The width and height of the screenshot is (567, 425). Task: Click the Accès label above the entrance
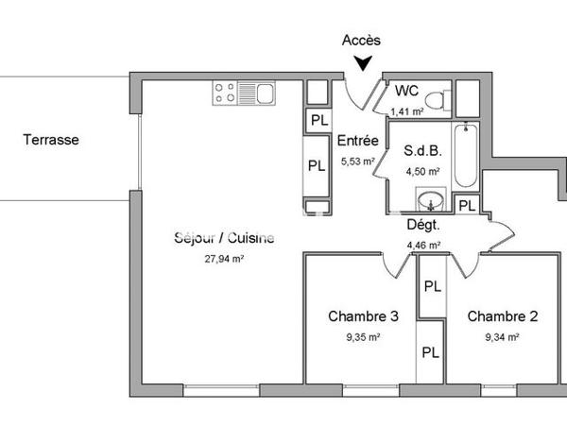point(360,40)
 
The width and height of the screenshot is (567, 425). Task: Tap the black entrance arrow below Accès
point(361,64)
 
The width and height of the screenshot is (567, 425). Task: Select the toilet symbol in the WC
point(436,98)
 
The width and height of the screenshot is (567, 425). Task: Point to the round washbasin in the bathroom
point(432,200)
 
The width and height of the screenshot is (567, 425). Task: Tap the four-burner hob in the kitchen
point(226,93)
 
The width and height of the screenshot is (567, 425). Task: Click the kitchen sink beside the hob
point(257,93)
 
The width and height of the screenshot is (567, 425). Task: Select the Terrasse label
point(52,140)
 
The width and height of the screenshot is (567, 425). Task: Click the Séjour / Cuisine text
point(225,238)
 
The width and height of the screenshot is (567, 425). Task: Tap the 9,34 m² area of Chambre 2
point(501,336)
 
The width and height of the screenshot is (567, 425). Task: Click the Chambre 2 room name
point(501,316)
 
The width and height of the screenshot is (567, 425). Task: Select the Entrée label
point(358,142)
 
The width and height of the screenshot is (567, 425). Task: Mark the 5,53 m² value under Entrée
point(358,161)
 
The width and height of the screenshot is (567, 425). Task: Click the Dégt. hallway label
point(422,227)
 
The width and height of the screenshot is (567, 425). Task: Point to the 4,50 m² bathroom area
point(422,172)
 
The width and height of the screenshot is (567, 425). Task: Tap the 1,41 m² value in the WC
point(406,111)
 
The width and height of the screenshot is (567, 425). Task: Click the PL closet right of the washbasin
point(466,205)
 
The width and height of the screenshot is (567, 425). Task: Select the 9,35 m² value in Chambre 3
point(362,336)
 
